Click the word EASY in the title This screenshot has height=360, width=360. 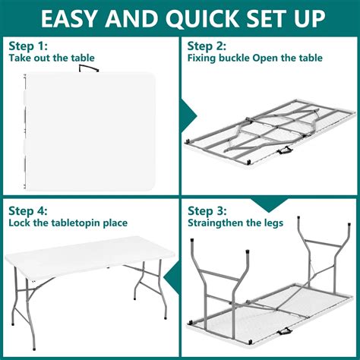[x=75, y=17]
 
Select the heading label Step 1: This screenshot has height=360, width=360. [x=28, y=46]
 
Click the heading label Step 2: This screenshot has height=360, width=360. [x=207, y=46]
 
